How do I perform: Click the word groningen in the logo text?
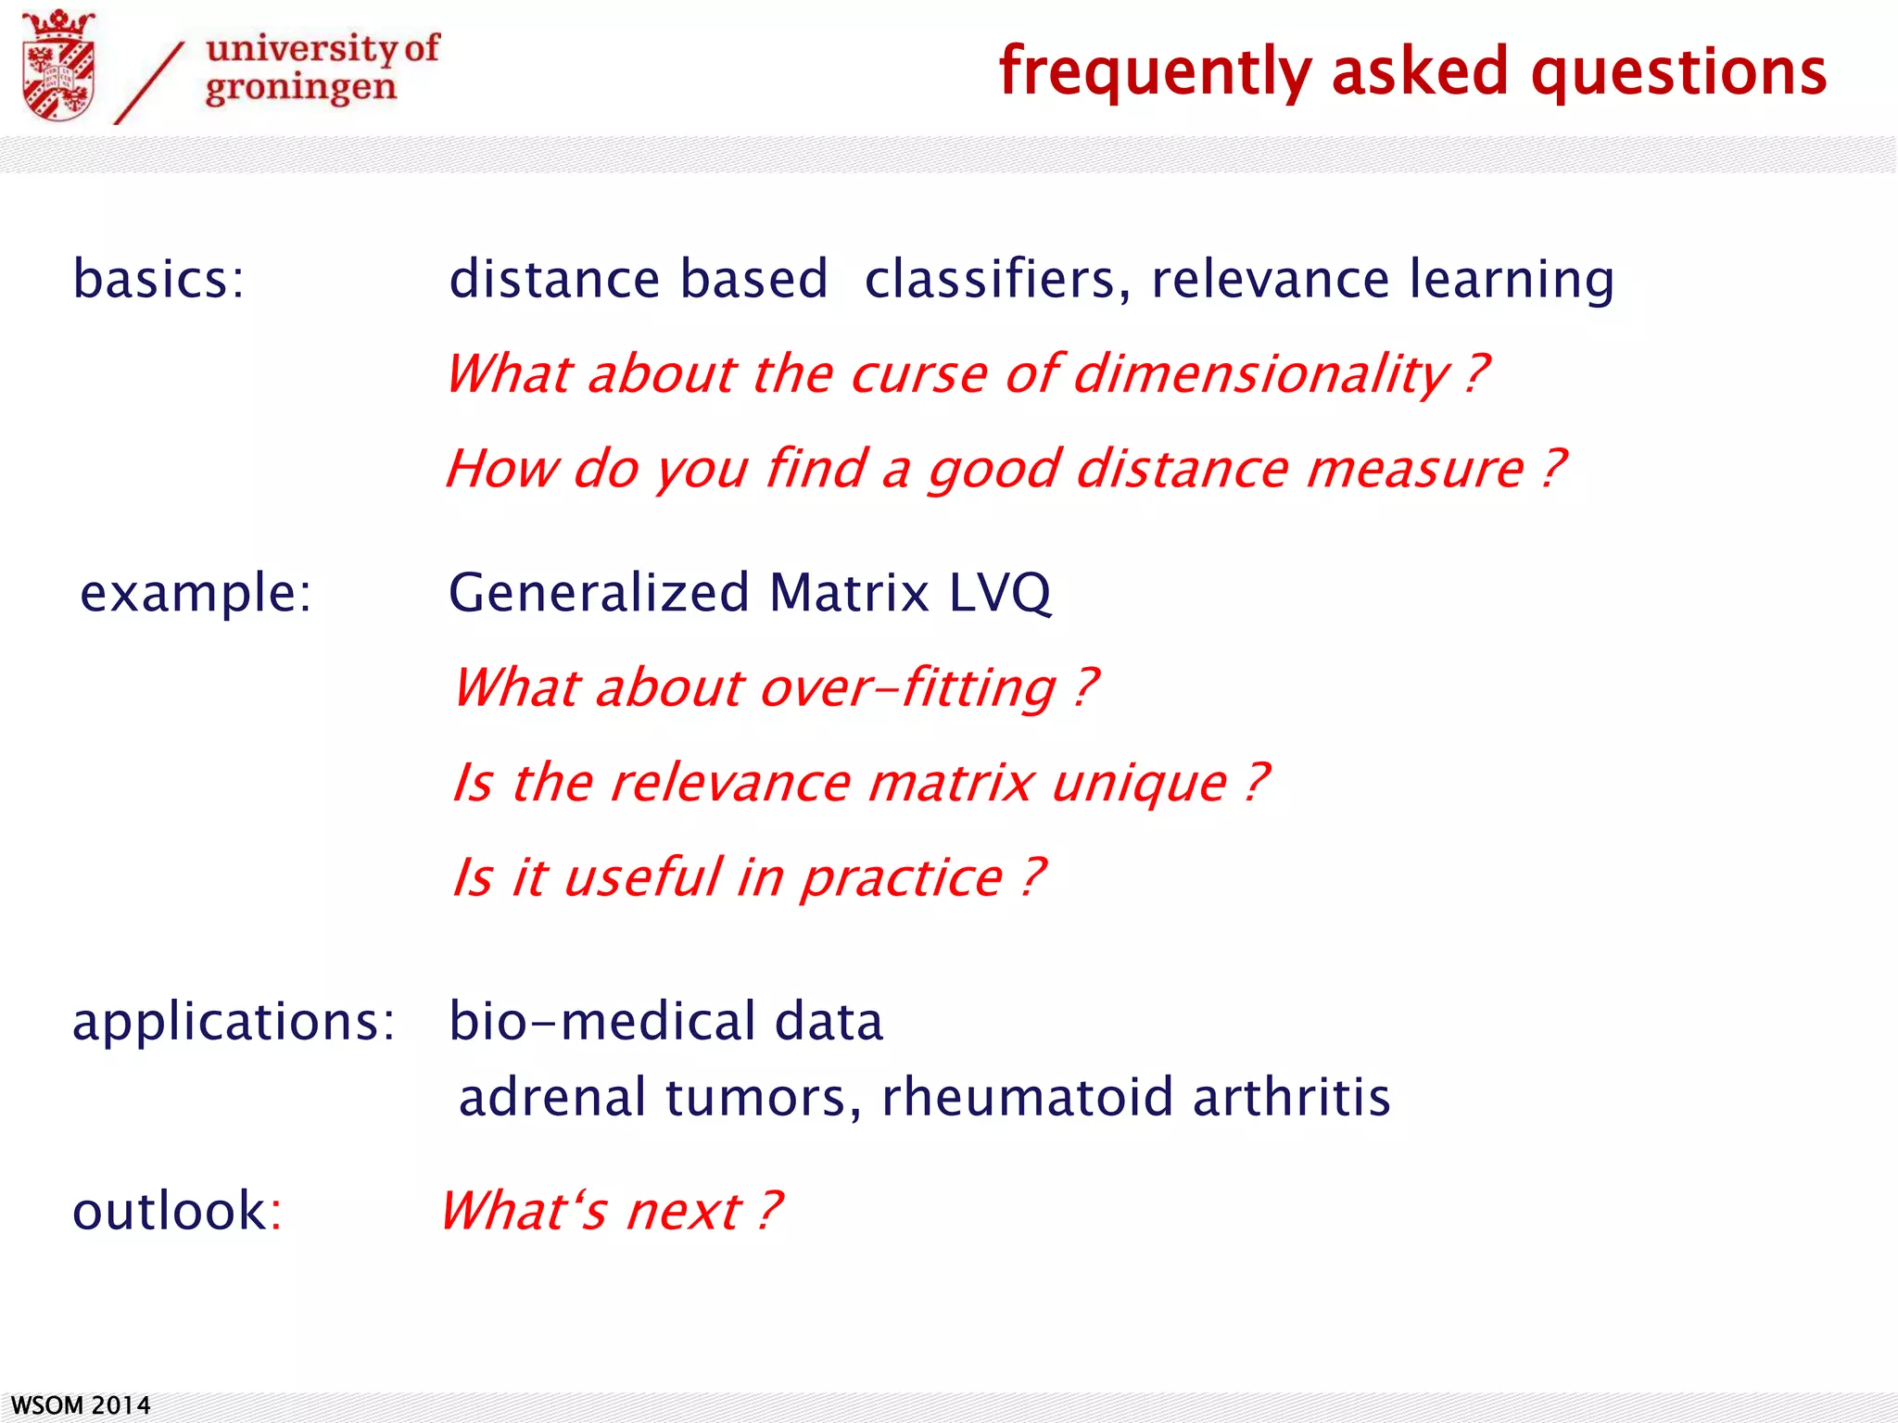point(300,89)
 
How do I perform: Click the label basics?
point(158,279)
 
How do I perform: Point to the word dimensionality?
point(1260,374)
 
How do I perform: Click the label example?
point(196,593)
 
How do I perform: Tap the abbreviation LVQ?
point(1000,593)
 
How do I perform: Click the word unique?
point(1139,783)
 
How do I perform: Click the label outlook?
point(171,1211)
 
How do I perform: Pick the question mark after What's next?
point(769,1211)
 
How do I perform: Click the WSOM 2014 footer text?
point(81,1405)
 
